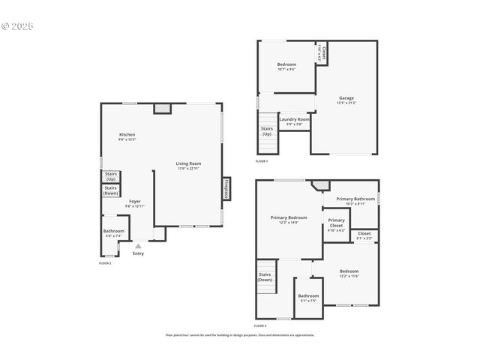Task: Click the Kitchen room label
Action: pyautogui.click(x=127, y=135)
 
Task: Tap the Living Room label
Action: pyautogui.click(x=188, y=164)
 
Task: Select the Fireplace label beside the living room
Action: pyautogui.click(x=226, y=188)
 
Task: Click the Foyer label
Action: pyautogui.click(x=134, y=202)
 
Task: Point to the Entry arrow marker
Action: pyautogui.click(x=138, y=245)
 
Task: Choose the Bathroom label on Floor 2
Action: pyautogui.click(x=114, y=232)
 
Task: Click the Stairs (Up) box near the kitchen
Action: pyautogui.click(x=111, y=177)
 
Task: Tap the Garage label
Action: pyautogui.click(x=346, y=98)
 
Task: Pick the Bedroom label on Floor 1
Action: pyautogui.click(x=286, y=65)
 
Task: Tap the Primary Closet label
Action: pyautogui.click(x=336, y=223)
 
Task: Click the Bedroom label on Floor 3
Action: pyautogui.click(x=349, y=272)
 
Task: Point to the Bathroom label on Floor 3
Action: pyautogui.click(x=308, y=296)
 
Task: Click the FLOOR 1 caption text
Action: pyautogui.click(x=261, y=161)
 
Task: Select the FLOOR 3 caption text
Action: pyautogui.click(x=260, y=325)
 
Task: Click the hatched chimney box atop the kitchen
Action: pyautogui.click(x=163, y=108)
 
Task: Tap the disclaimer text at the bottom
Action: pyautogui.click(x=240, y=335)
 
